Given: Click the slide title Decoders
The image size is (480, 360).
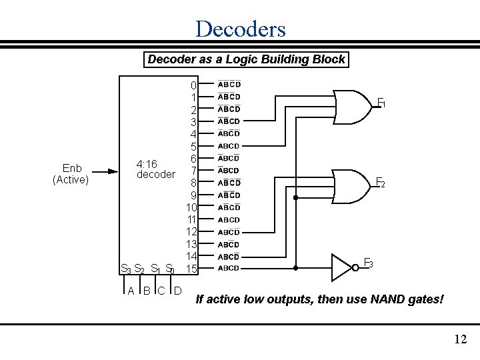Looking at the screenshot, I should coord(240,29).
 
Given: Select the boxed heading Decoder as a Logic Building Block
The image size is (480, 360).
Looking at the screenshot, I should coord(246,59).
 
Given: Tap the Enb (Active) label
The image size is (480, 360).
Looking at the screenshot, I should coord(70,173).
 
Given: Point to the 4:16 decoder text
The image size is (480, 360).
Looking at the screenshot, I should coord(155,169).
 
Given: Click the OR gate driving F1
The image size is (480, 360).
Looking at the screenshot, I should coord(351,106).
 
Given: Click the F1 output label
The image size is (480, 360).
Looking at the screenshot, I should coord(381,103).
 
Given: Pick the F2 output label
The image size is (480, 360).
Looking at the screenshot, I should coord(380,182).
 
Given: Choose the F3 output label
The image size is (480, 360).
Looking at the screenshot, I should coord(368,263).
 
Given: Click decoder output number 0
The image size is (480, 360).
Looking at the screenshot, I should coord(193,86).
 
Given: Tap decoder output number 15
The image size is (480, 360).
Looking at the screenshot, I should coord(191,269).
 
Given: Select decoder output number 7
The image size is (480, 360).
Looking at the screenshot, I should coord(193,171).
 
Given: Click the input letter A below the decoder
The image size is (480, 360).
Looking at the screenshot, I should coord(131,291).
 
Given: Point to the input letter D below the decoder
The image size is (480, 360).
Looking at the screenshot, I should coord(177,291).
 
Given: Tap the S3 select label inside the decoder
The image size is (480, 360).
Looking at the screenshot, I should coord(125,269).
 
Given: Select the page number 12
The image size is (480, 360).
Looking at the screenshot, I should coord(460,340).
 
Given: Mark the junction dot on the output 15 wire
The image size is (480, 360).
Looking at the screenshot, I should coord(296,268).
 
